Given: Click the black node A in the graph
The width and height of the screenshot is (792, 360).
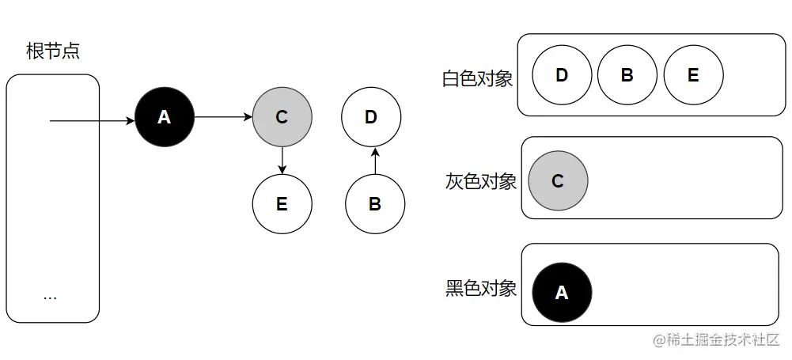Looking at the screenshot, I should (x=165, y=118).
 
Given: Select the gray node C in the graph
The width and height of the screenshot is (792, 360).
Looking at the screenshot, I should (x=282, y=118).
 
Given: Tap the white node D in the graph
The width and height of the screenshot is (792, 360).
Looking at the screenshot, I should (x=371, y=118).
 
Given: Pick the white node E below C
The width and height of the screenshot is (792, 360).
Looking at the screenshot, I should (x=282, y=204).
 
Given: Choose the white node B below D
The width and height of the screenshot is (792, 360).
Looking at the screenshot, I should (x=375, y=204).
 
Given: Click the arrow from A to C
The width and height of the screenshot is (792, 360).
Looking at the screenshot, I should (x=223, y=118).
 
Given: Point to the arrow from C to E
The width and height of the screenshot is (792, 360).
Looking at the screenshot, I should (x=282, y=161).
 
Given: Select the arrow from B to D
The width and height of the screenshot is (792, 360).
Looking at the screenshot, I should (x=375, y=161).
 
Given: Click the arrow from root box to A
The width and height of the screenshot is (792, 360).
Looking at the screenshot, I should (x=92, y=121).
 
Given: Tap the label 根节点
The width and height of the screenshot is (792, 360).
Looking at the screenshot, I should (x=53, y=52).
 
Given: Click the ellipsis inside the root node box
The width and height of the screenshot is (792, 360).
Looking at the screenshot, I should (x=51, y=297).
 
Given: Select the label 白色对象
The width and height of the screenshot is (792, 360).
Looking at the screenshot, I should (x=477, y=79).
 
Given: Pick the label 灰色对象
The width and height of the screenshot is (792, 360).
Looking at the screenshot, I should (x=480, y=181).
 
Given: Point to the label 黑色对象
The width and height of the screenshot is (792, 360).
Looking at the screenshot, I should (x=480, y=288).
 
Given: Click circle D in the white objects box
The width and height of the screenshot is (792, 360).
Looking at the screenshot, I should (x=562, y=75).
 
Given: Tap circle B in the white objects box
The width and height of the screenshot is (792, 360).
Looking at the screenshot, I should (x=627, y=75).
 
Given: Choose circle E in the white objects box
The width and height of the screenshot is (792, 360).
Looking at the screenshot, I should (x=693, y=75).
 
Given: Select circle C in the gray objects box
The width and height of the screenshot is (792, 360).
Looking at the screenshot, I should (x=558, y=181).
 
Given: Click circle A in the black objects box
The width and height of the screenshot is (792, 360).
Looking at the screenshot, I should (x=562, y=293).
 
